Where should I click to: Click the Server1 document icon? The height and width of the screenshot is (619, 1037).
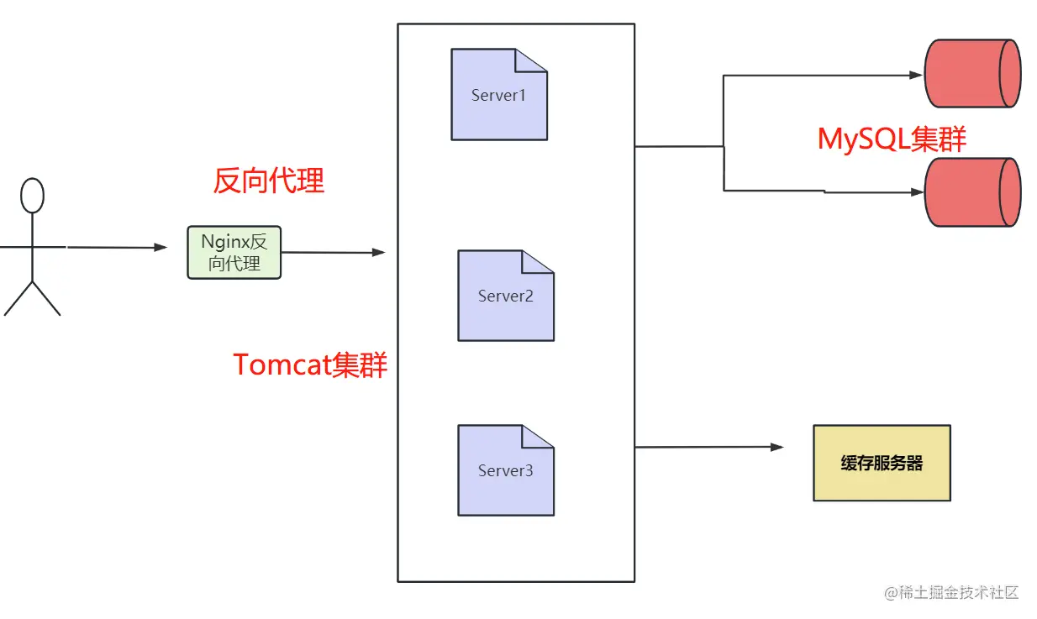tap(499, 95)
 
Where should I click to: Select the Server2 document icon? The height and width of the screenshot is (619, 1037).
tap(505, 296)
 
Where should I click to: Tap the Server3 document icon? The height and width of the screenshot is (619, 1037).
tap(505, 470)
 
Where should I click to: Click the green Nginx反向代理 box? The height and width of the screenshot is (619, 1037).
tap(234, 253)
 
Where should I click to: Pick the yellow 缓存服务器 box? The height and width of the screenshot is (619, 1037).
tap(882, 463)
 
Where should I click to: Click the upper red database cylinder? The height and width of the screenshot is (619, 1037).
tap(972, 73)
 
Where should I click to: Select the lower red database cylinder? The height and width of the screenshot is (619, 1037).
tap(972, 192)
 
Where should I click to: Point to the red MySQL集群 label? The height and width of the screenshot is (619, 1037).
tap(892, 139)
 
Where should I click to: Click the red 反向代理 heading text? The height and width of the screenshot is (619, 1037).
tap(268, 181)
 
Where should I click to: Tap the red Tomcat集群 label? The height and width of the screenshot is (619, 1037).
tap(309, 365)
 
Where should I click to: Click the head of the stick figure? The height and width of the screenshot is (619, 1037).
tap(32, 196)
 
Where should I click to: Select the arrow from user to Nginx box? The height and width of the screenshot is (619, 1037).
tap(118, 248)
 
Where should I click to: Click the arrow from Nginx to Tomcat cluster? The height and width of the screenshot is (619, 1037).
tap(333, 252)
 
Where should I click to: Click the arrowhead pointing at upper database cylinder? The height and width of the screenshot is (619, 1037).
tap(916, 75)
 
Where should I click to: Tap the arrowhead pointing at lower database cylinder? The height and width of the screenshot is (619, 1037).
tap(916, 192)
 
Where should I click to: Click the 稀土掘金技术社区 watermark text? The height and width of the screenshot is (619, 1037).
tap(951, 593)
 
